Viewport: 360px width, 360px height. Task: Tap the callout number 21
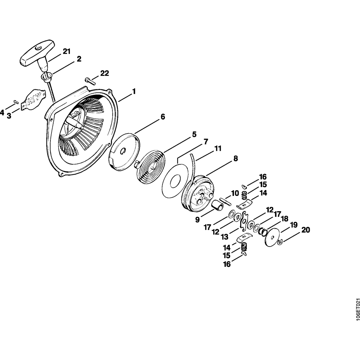[66, 51]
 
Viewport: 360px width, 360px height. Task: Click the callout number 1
[134, 91]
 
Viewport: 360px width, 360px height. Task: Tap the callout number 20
[305, 230]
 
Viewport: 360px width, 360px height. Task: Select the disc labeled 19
[273, 237]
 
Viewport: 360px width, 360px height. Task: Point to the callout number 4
[3, 113]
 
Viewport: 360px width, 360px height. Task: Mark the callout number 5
[194, 135]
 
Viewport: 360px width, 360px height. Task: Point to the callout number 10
[235, 193]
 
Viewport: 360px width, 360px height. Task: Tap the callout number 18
[284, 219]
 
